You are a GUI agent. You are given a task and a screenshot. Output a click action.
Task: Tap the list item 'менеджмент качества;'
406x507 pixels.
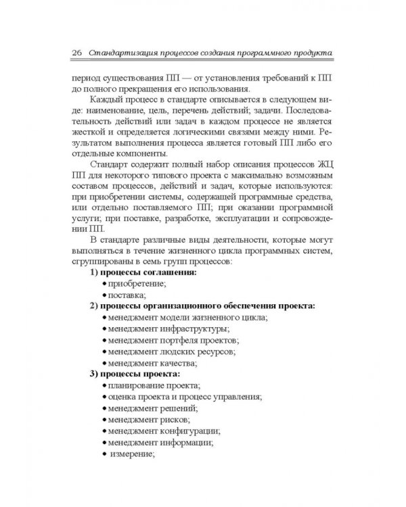(152, 363)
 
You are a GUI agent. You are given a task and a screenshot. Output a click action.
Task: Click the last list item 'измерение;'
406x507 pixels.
(132, 454)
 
